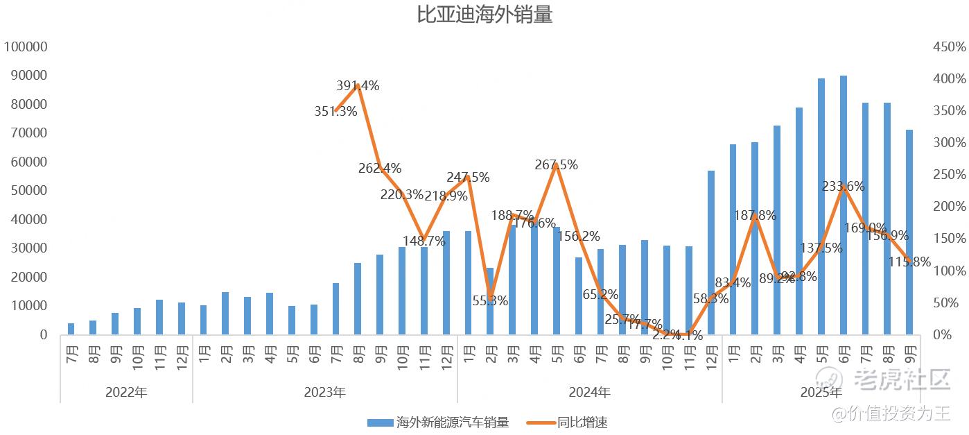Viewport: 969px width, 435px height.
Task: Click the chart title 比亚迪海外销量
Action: coord(484,15)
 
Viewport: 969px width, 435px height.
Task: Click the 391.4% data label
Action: coord(358,86)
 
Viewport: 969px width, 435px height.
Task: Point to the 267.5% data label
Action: coord(556,165)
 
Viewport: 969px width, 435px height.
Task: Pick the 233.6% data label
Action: coord(843,186)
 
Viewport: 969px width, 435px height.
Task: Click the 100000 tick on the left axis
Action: coord(26,46)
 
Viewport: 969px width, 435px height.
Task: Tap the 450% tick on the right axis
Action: coord(949,46)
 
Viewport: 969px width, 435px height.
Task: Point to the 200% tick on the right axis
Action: coord(949,207)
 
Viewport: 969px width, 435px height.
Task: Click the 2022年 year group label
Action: coord(126,392)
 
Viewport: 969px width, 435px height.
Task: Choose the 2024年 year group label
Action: coord(589,392)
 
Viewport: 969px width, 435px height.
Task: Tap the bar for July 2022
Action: coord(71,329)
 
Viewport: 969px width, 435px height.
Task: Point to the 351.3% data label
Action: coord(335,112)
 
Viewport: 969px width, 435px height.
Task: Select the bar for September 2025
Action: coord(909,232)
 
